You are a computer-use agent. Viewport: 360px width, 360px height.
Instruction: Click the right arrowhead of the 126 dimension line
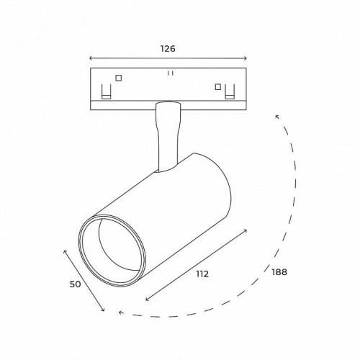tap(246, 60)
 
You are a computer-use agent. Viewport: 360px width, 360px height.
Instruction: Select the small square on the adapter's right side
tap(217, 87)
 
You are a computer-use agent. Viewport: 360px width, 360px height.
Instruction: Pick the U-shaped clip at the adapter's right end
tap(230, 93)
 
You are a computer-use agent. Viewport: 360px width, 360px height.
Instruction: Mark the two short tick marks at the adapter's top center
tap(169, 73)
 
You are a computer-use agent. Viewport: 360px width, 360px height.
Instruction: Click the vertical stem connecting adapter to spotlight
tap(167, 137)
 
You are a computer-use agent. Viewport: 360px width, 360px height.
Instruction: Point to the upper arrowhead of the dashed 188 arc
tap(277, 115)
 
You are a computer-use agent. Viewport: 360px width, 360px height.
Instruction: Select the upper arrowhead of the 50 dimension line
tap(66, 251)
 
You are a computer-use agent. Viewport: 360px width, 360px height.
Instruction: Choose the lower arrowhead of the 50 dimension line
tap(104, 311)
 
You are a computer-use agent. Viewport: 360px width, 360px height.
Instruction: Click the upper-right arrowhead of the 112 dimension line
tap(246, 232)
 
